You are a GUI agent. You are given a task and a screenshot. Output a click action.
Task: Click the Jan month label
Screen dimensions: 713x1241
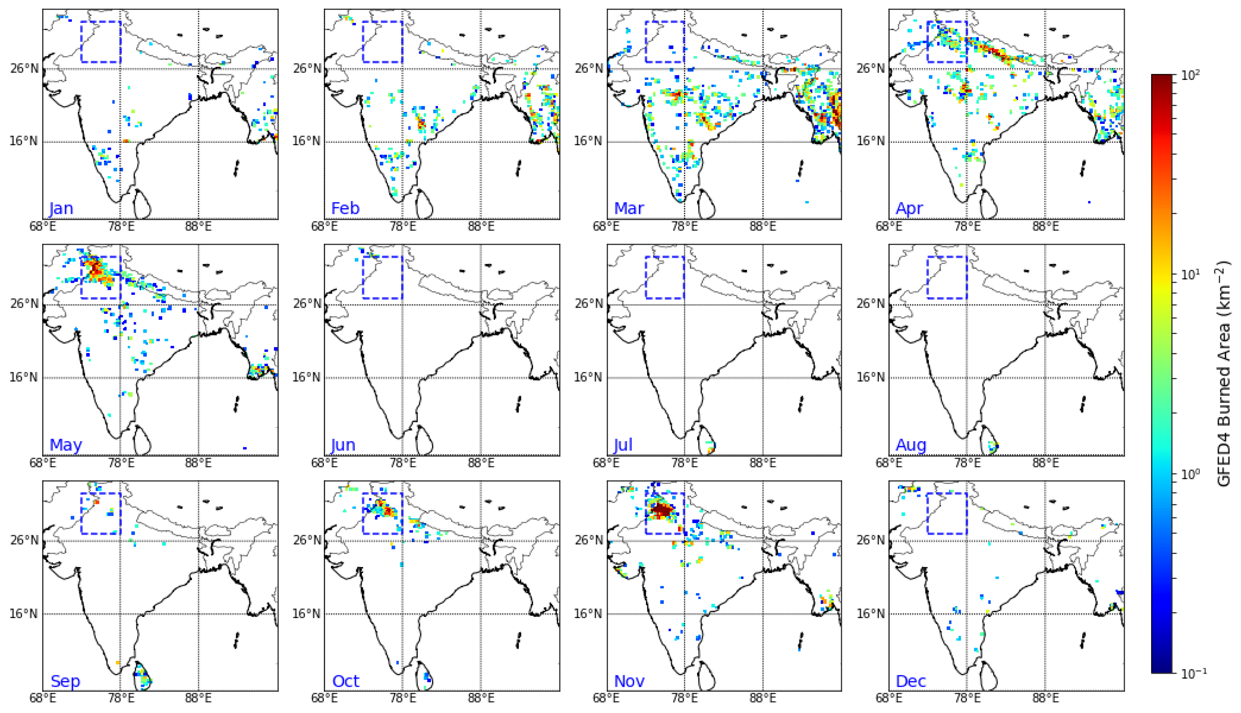tap(61, 209)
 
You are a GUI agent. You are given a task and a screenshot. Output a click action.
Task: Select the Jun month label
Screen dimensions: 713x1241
tap(343, 445)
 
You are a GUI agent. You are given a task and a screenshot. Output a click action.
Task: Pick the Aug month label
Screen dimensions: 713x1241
tap(911, 445)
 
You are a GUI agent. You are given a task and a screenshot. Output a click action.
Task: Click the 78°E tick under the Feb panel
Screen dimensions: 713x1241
tap(403, 226)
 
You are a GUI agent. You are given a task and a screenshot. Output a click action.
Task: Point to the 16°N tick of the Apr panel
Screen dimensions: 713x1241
tap(870, 141)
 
